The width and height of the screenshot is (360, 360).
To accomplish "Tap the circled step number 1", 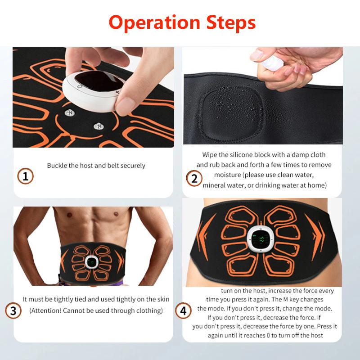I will tap(26, 176).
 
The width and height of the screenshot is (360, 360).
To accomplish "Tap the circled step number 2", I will tap(194, 179).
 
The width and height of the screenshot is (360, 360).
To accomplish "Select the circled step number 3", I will tap(13, 310).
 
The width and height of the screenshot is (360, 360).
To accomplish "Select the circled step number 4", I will tap(183, 310).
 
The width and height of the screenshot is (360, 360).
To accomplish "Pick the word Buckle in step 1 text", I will tap(57, 166).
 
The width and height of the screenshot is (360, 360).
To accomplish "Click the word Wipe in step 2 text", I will tap(210, 154).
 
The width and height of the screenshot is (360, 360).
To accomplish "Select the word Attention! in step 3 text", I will tap(47, 311).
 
